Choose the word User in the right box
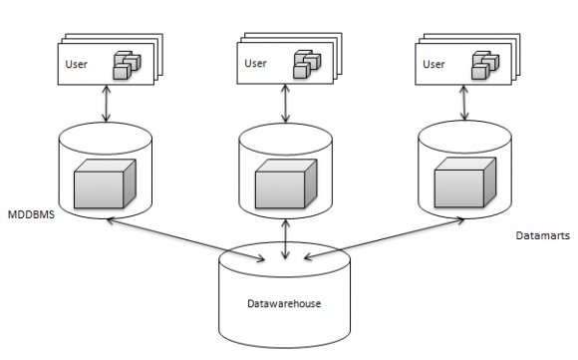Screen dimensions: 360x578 click(433, 64)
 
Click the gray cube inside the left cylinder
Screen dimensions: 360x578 click(101, 185)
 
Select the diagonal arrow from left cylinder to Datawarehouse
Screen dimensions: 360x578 click(189, 237)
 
